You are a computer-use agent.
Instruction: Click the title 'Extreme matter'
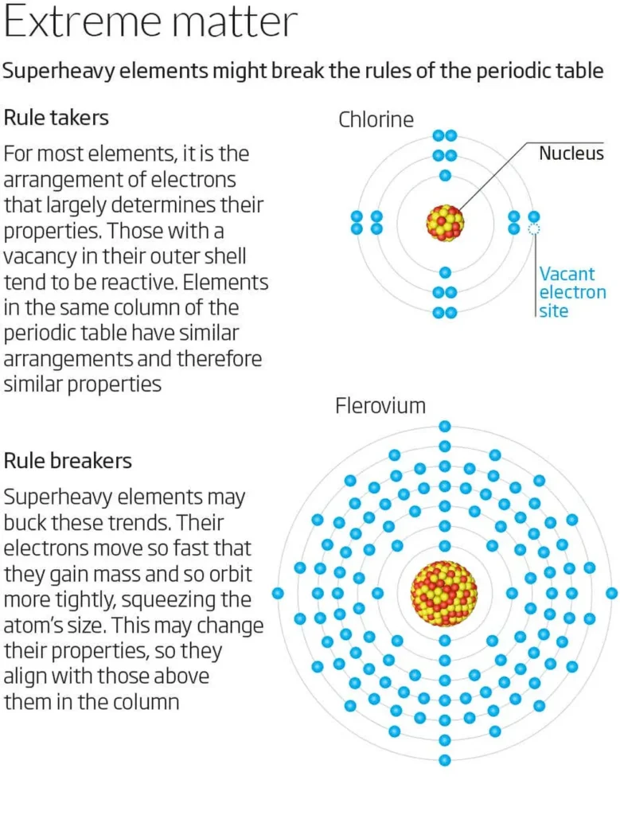pos(150,24)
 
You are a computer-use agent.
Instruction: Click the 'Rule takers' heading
pos(57,118)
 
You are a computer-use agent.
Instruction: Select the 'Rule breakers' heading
pos(68,461)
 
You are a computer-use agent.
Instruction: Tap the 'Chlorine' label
pos(376,120)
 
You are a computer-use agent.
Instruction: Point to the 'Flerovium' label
pos(380,406)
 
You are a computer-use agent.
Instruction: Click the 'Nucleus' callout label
pos(571,154)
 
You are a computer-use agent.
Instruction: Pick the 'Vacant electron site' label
pos(572,292)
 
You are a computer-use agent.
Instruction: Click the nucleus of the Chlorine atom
pos(445,222)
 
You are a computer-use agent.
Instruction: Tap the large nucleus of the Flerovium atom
pos(444,593)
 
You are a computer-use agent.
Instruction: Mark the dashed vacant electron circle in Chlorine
pos(534,229)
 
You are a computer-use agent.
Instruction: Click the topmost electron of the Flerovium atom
pos(445,427)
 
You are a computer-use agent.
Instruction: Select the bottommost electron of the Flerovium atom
pos(445,760)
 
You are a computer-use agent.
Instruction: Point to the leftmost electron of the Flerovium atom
pos(278,593)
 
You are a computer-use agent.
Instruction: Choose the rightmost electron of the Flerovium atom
pos(611,593)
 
